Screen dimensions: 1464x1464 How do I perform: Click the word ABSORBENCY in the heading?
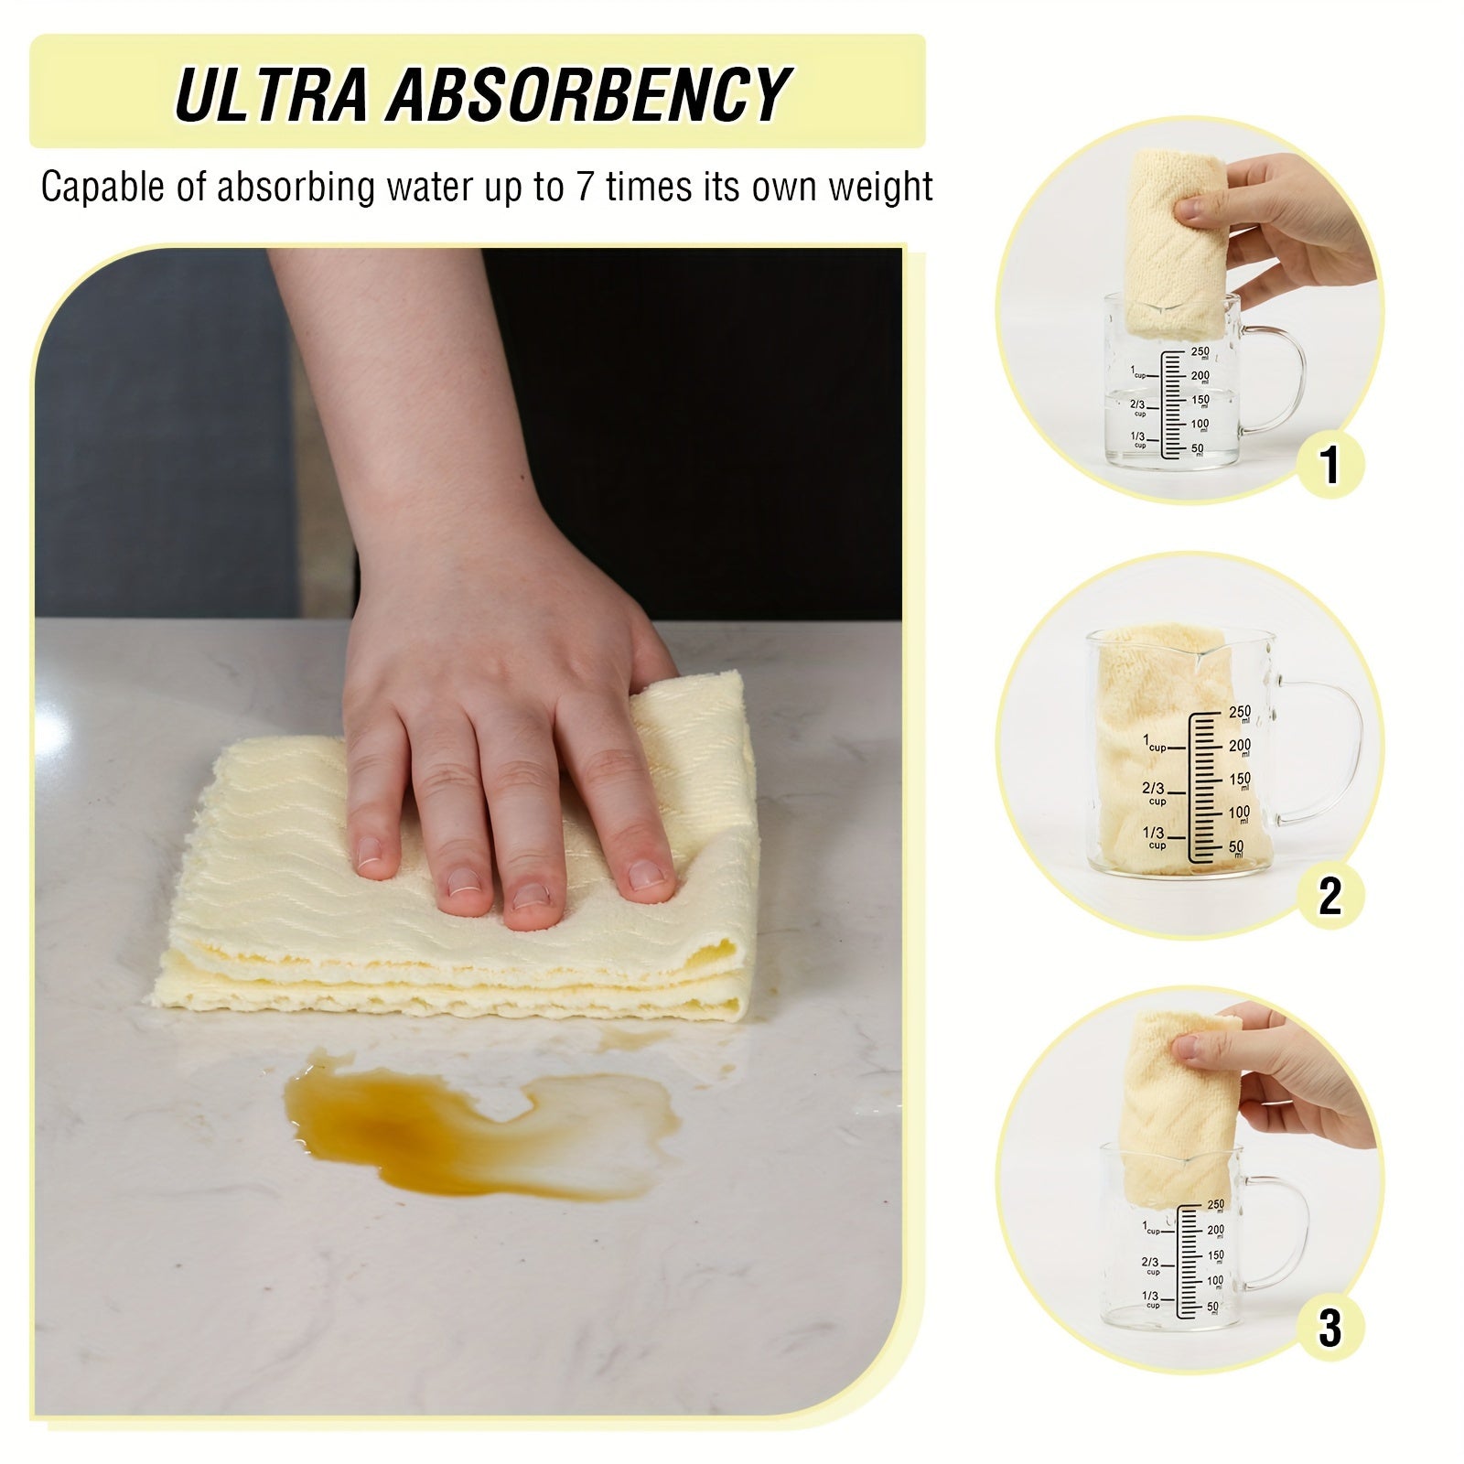587,93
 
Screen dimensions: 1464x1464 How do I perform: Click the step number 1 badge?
1329,464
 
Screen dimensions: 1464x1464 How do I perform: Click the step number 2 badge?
1329,896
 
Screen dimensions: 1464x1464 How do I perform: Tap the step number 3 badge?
1329,1328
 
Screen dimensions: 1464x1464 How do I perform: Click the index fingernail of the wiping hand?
368,852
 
